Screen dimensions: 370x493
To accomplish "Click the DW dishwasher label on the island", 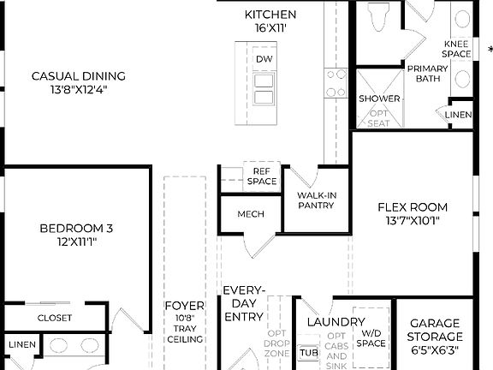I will (x=264, y=58).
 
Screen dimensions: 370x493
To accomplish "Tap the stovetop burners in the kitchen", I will (x=335, y=82).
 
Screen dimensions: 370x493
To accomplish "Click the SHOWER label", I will (x=379, y=98).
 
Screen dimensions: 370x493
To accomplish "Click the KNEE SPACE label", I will (x=456, y=49).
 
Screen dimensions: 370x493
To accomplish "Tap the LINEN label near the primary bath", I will (x=459, y=115).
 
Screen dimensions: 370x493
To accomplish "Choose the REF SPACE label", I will (x=262, y=176).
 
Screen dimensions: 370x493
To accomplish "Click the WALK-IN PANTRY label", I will (x=316, y=200).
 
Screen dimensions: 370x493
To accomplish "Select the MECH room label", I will (x=250, y=214).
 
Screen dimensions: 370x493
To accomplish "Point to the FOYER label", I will (x=184, y=306).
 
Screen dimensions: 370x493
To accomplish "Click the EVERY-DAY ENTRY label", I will (x=244, y=304).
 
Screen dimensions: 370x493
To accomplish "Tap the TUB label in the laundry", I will (x=308, y=352).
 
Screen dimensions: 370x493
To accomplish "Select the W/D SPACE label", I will (x=371, y=339).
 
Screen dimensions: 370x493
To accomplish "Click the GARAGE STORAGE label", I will (x=435, y=330).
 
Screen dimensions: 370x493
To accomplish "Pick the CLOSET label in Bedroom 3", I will (x=54, y=318).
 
